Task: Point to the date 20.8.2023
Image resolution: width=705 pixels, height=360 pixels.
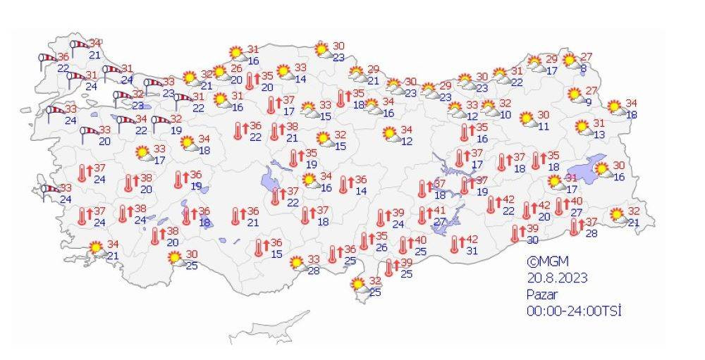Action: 557,278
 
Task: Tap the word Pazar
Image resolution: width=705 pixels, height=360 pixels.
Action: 541,294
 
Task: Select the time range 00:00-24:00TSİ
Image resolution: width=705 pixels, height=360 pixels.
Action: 574,311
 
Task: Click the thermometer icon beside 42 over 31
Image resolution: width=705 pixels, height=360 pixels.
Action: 455,244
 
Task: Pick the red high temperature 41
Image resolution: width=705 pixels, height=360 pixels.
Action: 439,211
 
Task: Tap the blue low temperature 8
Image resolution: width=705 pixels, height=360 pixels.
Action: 583,68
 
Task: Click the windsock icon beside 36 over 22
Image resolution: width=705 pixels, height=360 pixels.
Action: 47,60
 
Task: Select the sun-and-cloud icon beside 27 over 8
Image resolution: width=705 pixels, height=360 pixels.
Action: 570,61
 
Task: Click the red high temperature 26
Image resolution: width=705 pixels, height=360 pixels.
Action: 236,68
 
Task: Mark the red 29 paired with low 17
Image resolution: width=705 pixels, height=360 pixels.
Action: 551,59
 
